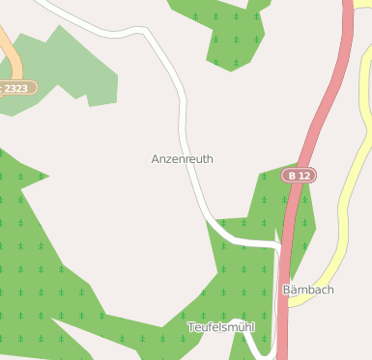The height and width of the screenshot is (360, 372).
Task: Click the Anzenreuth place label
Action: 183,158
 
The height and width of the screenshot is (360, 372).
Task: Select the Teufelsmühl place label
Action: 220,328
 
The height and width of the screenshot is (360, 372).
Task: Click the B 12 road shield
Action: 299,176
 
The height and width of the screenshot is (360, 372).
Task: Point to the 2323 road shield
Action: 16,88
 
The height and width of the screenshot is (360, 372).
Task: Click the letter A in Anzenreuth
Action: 156,158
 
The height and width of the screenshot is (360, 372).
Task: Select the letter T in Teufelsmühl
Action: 190,328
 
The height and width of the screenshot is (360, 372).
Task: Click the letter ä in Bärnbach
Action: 293,290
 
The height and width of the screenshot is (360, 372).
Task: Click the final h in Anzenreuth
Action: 210,158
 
